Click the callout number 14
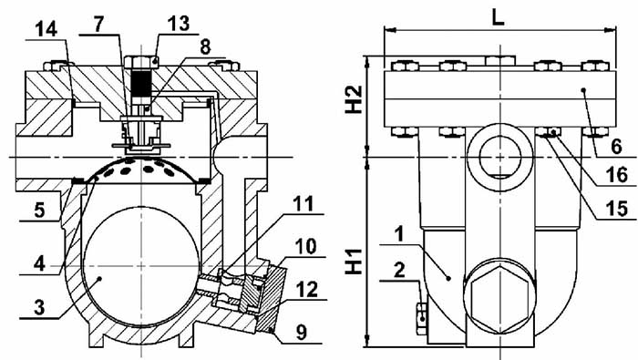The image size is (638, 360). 46,29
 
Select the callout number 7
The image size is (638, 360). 98,25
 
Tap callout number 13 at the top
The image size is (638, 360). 179,24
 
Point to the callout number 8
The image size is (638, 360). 205,46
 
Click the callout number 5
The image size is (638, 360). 39,210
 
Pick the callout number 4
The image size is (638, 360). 39,264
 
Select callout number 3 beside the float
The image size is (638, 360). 39,307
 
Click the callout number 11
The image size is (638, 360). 304,204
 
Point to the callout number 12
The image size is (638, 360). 307,290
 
